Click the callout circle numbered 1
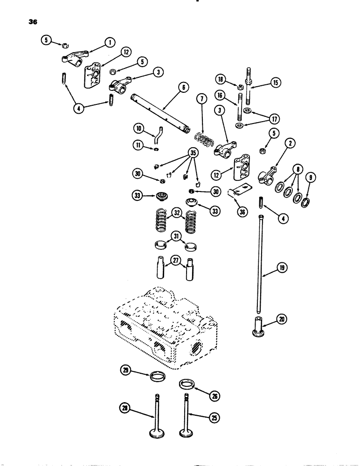(x=110, y=43)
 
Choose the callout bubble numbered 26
(x=216, y=397)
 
